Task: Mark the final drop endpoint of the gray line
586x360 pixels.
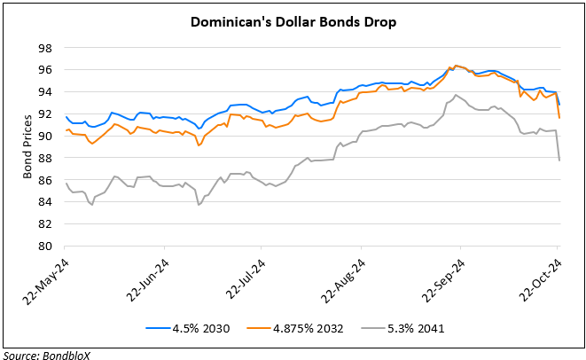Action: tap(559, 160)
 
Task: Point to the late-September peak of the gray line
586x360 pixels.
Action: tap(455, 95)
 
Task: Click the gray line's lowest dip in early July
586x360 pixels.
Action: tap(199, 205)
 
